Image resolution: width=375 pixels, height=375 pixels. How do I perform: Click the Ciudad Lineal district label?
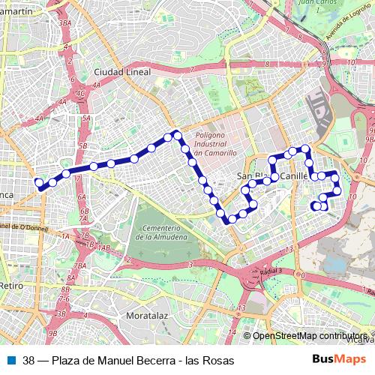click(122, 72)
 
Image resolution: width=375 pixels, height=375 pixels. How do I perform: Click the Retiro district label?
click(11, 286)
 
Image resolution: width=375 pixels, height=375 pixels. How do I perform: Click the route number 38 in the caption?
click(28, 361)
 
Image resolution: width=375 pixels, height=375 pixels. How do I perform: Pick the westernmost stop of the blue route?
click(40, 181)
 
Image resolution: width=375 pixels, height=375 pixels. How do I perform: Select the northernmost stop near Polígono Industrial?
click(177, 133)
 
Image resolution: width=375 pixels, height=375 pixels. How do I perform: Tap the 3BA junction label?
click(65, 23)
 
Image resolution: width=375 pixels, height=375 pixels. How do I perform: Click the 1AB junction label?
click(103, 247)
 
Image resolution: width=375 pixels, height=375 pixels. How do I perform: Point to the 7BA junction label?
click(81, 266)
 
